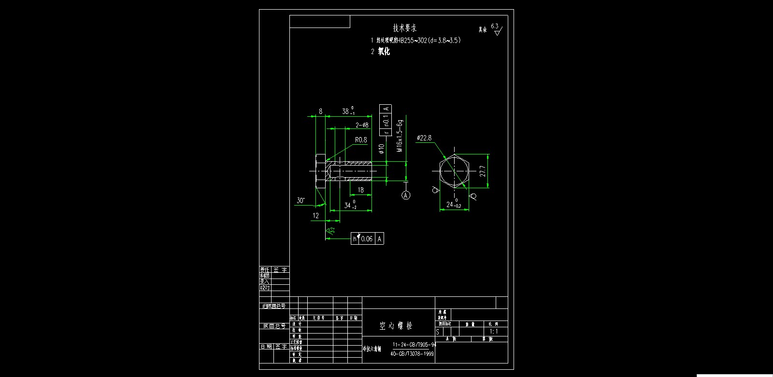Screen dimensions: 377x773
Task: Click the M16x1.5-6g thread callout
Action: tap(400, 136)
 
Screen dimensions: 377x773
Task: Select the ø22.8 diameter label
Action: tap(424, 138)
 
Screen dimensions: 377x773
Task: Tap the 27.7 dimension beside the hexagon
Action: tap(482, 171)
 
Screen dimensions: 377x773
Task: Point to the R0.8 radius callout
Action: tap(361, 140)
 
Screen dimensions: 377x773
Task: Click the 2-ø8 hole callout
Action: tap(362, 125)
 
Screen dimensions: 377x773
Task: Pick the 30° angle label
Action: tap(301, 200)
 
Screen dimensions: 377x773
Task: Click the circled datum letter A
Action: tap(406, 195)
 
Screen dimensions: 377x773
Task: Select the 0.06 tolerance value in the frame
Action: tap(367, 239)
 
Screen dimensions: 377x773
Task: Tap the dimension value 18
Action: tap(360, 190)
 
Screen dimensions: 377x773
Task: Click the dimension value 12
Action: tap(315, 216)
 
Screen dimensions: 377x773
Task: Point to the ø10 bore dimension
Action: tap(381, 148)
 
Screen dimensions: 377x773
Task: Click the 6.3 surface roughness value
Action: tap(494, 26)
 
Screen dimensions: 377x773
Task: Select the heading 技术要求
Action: tap(404, 28)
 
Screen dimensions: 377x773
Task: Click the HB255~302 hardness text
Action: tap(412, 41)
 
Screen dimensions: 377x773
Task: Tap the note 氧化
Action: tap(384, 51)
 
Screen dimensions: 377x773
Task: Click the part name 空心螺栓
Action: tap(396, 326)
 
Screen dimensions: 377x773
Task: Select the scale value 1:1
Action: tap(494, 332)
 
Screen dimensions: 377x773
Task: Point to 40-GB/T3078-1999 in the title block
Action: tap(412, 353)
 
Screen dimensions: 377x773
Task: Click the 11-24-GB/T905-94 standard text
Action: tap(414, 345)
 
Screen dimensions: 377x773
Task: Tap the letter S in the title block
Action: tap(438, 332)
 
